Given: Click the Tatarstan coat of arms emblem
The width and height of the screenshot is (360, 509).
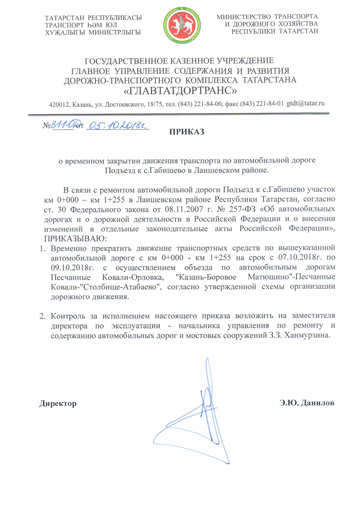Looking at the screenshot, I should point(180,25).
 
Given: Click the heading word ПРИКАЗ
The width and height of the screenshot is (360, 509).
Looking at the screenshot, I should point(187,132).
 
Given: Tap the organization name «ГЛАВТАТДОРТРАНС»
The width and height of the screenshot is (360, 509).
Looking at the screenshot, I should point(180,91).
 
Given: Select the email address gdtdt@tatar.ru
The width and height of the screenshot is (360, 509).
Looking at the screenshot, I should point(305,103).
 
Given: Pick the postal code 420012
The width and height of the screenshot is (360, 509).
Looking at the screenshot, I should point(60,104).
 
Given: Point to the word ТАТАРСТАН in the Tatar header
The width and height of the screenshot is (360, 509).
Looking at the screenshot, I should point(64,17).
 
